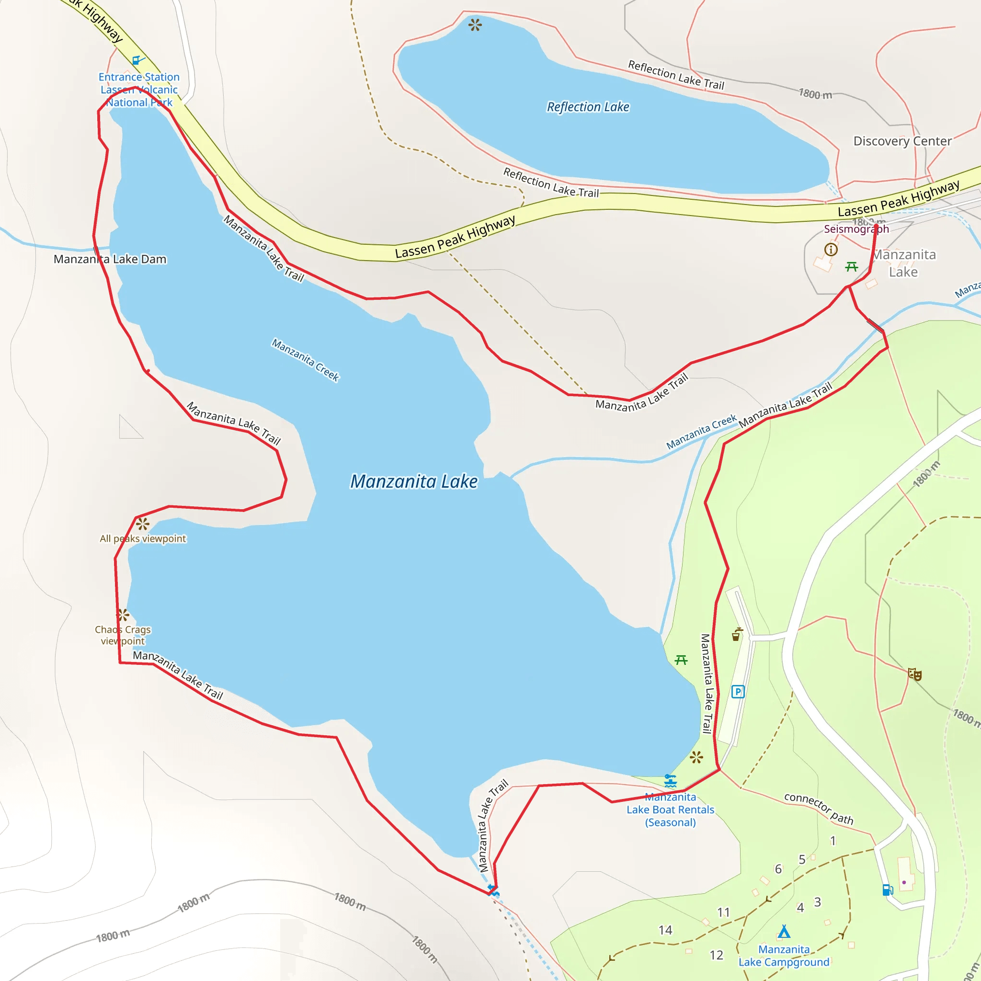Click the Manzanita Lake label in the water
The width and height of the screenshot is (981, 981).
coord(414,481)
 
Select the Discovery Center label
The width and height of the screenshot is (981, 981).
coord(902,141)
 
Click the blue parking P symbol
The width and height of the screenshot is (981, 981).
coord(738,692)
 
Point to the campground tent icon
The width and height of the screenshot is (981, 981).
coord(784,932)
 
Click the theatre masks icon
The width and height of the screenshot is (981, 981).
coord(914,674)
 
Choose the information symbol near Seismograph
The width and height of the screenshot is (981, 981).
coord(831,249)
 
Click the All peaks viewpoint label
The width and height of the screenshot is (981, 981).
coord(143,539)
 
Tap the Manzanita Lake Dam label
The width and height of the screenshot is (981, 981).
coord(110,260)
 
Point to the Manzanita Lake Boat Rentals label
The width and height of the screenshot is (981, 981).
coord(670,810)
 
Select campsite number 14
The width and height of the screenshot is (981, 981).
coord(665,930)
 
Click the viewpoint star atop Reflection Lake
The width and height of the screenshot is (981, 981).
coord(475,24)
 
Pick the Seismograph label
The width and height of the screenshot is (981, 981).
coord(856,229)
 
